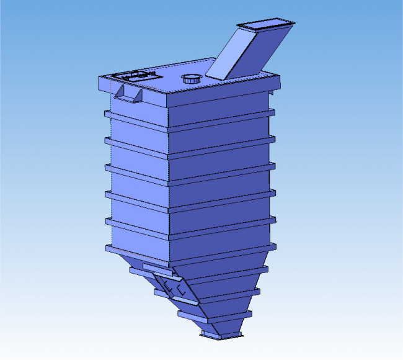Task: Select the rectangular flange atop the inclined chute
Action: [x=266, y=25]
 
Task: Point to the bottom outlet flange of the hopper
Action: [x=222, y=335]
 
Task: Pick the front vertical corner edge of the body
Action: [x=169, y=186]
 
